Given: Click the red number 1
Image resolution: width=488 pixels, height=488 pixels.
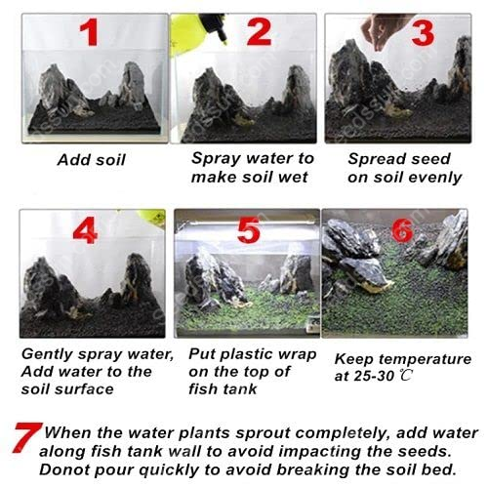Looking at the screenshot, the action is click(x=90, y=32).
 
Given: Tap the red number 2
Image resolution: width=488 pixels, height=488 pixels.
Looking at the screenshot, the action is click(x=259, y=31).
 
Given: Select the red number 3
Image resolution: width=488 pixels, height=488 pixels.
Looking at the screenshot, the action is click(x=423, y=33).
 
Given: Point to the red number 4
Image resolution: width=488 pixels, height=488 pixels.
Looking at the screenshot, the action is click(x=85, y=230).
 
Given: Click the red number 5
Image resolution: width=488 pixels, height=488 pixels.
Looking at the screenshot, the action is click(x=249, y=230).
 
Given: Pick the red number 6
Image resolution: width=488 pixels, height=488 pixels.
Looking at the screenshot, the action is click(x=402, y=229).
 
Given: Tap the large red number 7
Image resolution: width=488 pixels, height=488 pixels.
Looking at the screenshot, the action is click(x=26, y=437).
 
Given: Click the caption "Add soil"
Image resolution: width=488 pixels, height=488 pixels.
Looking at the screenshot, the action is click(x=92, y=160).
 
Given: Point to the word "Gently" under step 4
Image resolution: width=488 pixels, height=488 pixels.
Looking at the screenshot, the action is click(x=47, y=354).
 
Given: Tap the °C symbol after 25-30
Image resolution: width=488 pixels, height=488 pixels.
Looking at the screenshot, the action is click(x=405, y=376).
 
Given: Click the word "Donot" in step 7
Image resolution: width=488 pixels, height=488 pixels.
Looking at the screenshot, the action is click(x=64, y=469).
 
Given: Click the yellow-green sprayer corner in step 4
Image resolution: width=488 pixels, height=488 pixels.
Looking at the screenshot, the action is click(x=151, y=217).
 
